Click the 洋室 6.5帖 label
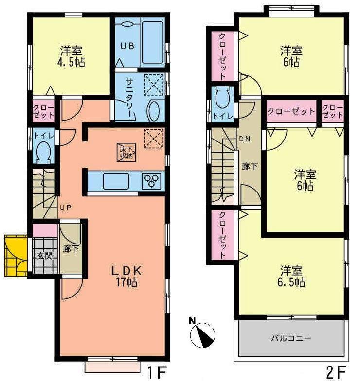[292, 276]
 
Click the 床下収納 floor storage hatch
[126, 152]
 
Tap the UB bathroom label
[127, 46]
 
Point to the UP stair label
[66, 208]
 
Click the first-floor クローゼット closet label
[43, 110]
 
